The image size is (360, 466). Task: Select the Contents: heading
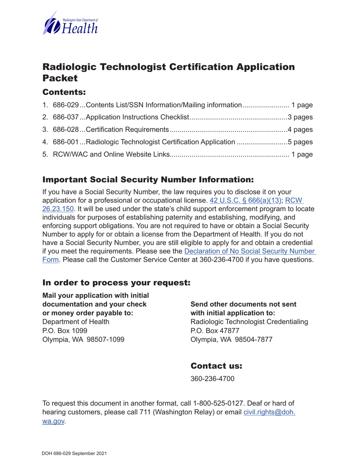pos(64,92)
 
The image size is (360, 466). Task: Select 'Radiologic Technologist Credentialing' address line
pos(249,322)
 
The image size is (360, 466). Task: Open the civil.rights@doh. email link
pos(269,413)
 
